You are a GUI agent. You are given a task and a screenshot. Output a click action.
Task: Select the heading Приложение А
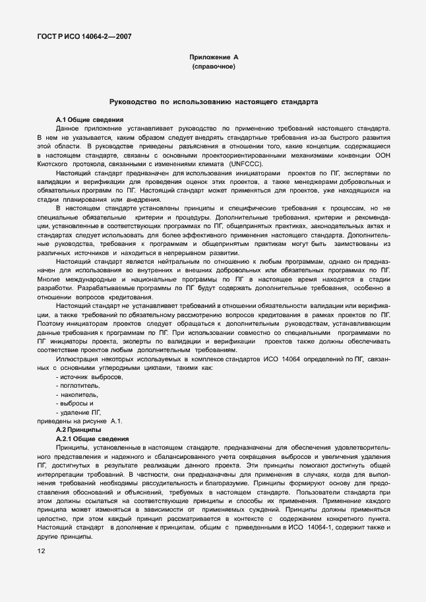[x=213, y=58]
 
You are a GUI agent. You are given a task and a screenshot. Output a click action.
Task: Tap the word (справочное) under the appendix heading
[x=213, y=67]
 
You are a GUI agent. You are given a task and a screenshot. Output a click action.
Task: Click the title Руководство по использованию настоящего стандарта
[x=213, y=103]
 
